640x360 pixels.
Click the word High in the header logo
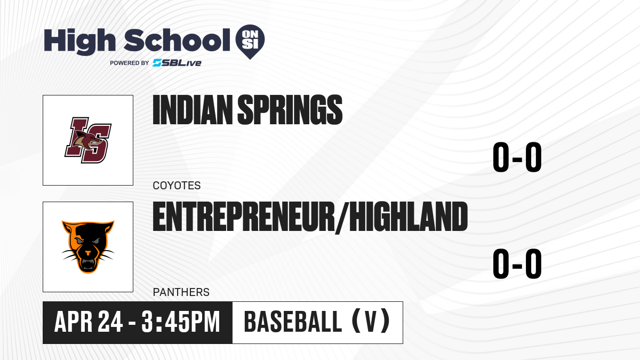pos(79,41)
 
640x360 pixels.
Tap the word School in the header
pos(177,40)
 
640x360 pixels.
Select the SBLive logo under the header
pos(177,62)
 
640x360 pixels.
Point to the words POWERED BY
pos(130,63)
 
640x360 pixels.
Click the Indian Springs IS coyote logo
pos(88,140)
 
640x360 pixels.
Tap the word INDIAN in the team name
pos(193,110)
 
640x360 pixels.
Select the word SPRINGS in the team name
pos(290,110)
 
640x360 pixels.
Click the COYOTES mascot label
pos(177,186)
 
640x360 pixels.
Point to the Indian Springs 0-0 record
pos(517,157)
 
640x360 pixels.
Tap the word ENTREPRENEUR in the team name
pos(244,217)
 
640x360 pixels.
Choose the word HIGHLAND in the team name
pos(409,217)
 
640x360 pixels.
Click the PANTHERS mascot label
pos(181,292)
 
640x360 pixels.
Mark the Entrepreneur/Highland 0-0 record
pos(517,263)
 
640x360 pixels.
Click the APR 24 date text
pos(89,322)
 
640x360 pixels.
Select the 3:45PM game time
pos(181,322)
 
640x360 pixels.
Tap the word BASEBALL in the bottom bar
pos(293,322)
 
